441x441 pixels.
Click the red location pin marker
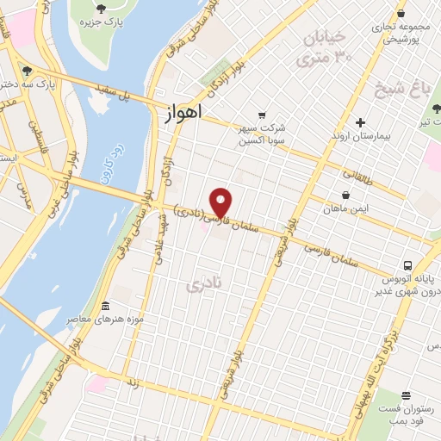point(221,202)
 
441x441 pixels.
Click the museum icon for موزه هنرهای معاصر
point(106,307)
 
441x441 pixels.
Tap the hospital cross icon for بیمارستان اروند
point(361,122)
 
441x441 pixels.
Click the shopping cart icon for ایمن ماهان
point(345,196)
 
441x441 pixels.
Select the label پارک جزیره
point(101,23)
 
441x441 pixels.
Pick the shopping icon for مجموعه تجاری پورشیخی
point(402,13)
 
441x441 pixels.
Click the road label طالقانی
point(358,177)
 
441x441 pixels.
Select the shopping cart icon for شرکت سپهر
point(262,115)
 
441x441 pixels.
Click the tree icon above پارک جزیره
point(101,9)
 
